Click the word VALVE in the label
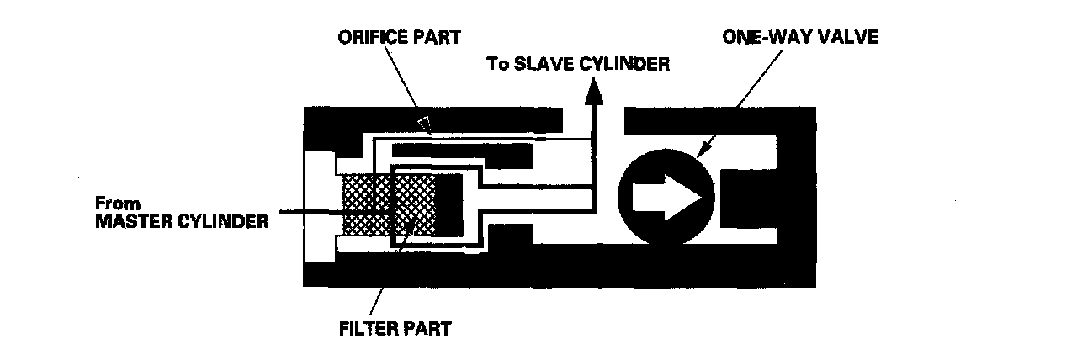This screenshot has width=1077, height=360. click(x=846, y=38)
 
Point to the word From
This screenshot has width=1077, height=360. click(x=114, y=204)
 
